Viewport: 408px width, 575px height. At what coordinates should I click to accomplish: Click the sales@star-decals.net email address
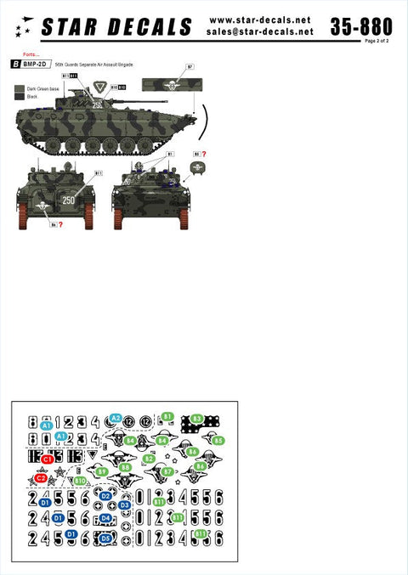point(260,31)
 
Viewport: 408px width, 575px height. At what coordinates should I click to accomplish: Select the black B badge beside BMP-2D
point(14,65)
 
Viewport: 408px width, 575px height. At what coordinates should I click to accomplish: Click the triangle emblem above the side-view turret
point(101,86)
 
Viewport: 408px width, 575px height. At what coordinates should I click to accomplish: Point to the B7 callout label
point(190,65)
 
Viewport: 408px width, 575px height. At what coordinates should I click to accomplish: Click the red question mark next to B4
point(62,225)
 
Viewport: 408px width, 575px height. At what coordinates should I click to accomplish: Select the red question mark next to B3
point(204,154)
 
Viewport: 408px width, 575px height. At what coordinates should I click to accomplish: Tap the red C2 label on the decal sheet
point(40,478)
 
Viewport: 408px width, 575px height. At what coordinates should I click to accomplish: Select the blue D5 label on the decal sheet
point(106,537)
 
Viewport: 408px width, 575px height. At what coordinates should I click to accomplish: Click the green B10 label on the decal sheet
point(80,481)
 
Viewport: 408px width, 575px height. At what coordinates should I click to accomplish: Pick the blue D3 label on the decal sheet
point(124,505)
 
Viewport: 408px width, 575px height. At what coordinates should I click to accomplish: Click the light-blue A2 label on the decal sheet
point(116,418)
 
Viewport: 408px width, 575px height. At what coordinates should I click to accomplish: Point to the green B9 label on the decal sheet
point(102,471)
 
